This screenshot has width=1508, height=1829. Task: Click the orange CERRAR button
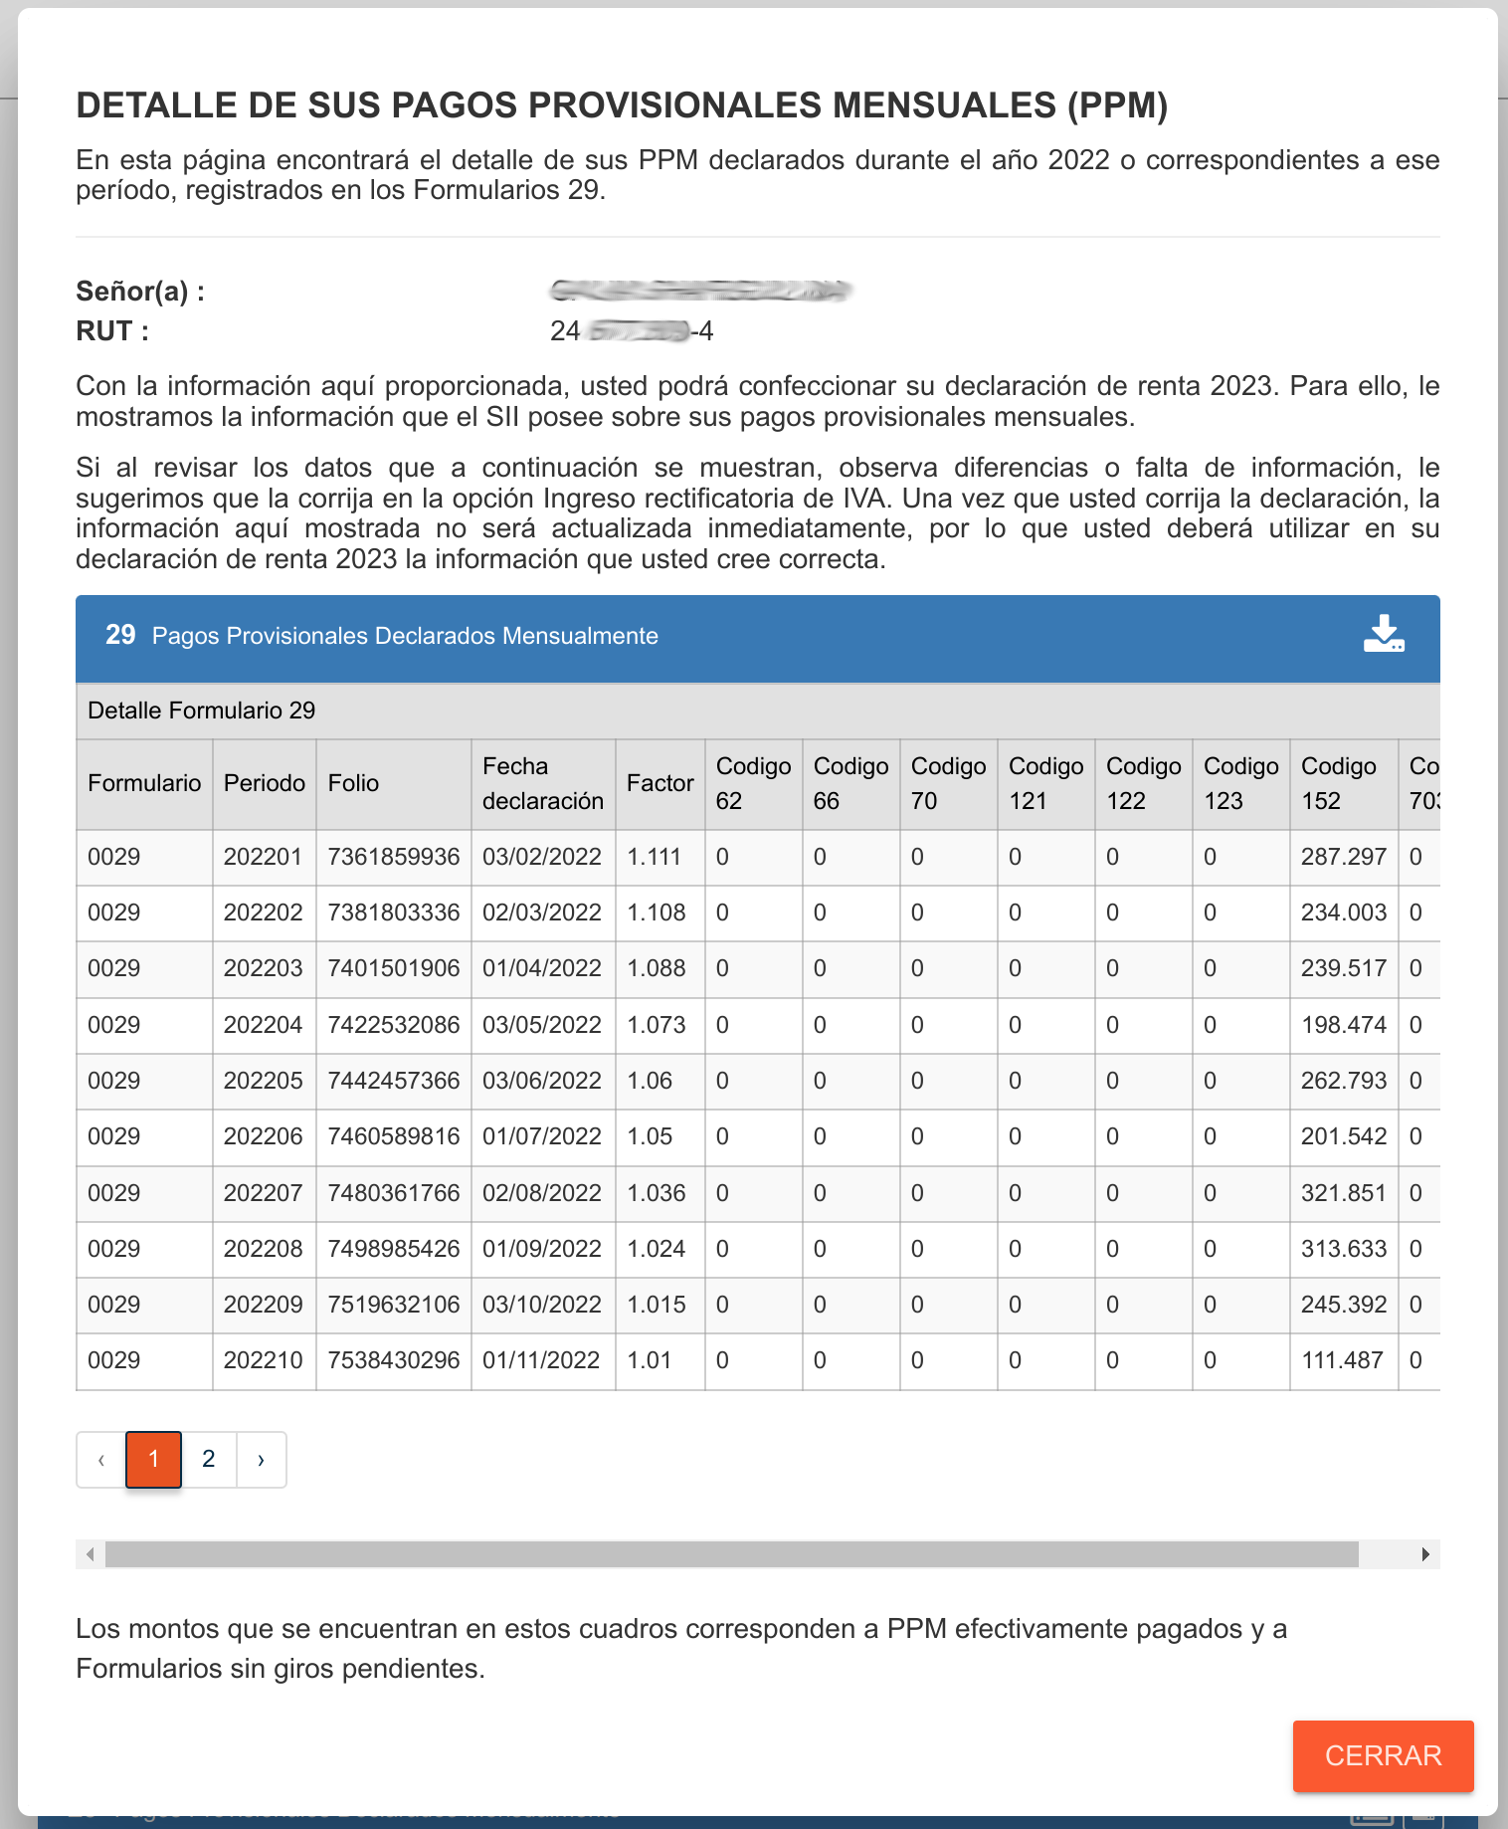1383,1755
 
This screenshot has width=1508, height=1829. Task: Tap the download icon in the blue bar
1384,634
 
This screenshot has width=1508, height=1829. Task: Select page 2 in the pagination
209,1459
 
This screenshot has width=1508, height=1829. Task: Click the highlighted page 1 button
153,1459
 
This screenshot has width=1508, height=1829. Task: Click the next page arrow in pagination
261,1459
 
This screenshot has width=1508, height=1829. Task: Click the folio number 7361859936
394,857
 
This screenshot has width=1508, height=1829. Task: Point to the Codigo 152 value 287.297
1343,857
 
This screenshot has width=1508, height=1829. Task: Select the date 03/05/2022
542,1025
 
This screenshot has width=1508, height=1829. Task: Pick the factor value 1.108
657,913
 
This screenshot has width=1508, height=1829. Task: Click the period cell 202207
263,1193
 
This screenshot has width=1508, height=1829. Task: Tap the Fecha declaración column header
543,783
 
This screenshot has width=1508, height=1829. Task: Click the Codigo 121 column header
1045,783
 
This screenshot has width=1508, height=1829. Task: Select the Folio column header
353,783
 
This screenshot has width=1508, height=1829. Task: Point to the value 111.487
1342,1360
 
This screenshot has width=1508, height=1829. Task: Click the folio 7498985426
394,1249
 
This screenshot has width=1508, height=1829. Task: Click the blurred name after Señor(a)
699,291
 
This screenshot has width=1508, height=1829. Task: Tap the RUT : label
112,331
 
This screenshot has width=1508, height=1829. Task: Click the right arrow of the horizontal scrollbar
1425,1554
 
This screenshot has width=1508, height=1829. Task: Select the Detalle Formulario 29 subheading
202,711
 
